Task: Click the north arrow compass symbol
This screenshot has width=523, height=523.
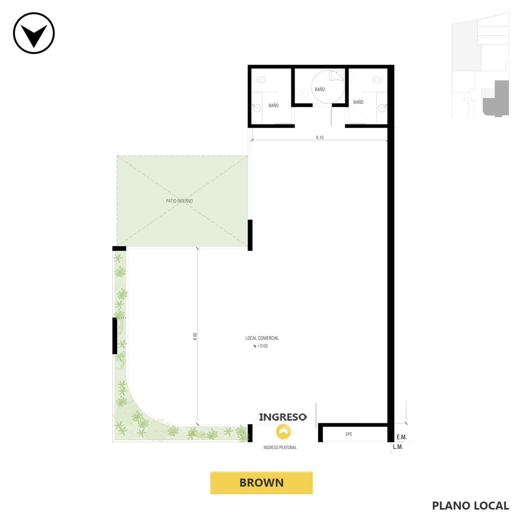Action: pos(34,33)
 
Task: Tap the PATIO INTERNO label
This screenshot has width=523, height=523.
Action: pos(179,201)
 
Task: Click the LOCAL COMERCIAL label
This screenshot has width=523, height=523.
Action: pos(262,338)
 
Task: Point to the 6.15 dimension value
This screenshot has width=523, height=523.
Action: pos(320,138)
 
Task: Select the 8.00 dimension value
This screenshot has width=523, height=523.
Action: pos(195,336)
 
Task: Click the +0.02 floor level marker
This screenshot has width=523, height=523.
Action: pos(261,346)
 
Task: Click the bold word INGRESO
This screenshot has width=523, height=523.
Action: pos(283,417)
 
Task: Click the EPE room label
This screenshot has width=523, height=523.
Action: pos(349,434)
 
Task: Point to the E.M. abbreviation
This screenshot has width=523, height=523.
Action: pos(401,437)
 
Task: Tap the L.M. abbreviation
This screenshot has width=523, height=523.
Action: pos(398,447)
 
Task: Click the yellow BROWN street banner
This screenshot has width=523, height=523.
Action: pos(261,483)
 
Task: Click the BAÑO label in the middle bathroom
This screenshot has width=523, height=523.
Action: pos(320,89)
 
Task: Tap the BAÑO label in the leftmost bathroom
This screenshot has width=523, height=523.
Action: pos(274,105)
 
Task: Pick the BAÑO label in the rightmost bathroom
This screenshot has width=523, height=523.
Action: pos(358,102)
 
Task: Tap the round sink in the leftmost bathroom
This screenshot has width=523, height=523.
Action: pos(256,108)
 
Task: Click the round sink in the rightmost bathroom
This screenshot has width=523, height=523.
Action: pos(382,108)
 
